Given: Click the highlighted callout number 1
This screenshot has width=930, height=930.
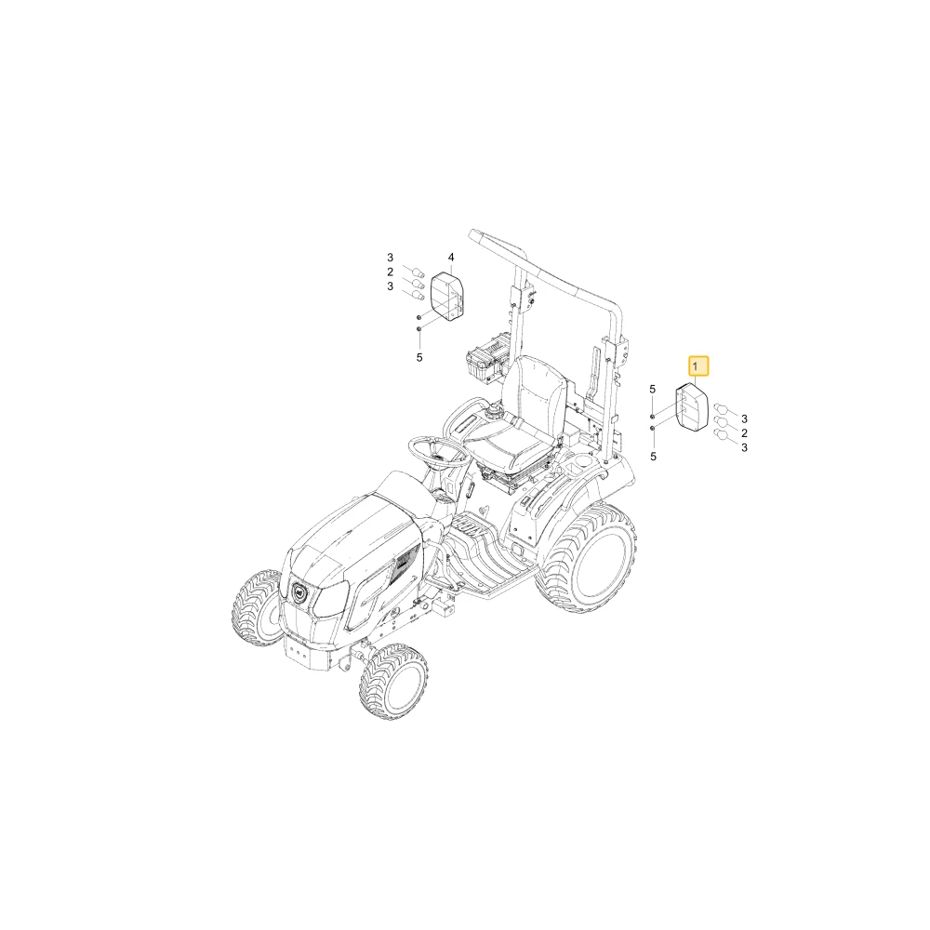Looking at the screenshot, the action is coord(697,367).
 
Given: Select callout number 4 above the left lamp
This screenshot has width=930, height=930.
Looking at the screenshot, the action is coord(451,258).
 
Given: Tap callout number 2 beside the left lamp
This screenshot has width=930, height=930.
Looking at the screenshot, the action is coord(391,272).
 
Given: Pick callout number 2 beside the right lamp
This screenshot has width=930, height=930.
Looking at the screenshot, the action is coord(744,433).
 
